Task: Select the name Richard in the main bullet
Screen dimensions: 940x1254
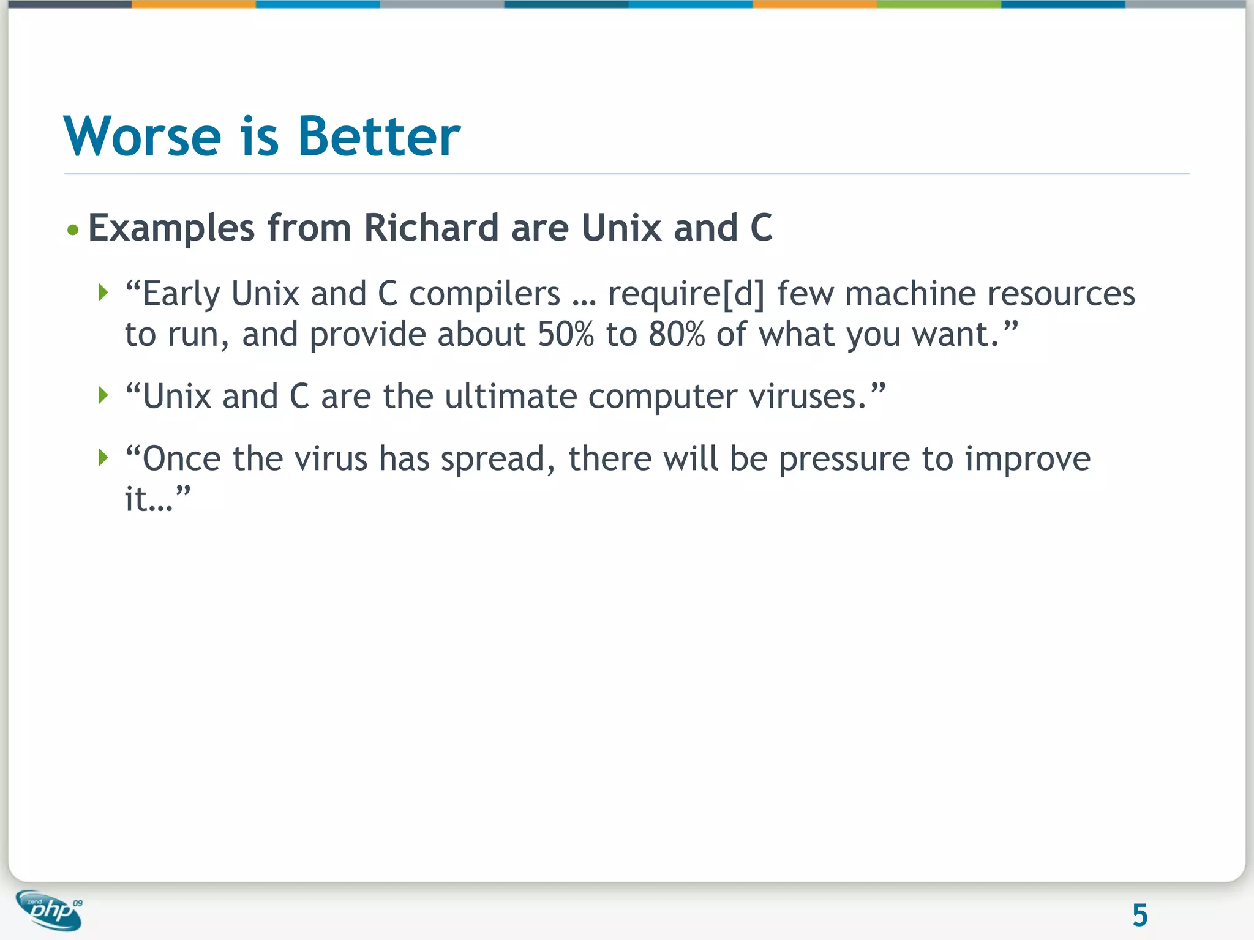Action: pos(432,228)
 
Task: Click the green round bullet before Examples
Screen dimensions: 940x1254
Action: pos(73,230)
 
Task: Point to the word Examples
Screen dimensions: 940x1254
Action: pos(171,229)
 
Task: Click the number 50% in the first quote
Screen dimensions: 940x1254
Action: pos(566,335)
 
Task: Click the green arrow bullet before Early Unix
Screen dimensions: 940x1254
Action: pos(103,293)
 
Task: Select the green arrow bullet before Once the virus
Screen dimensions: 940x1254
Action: pos(103,457)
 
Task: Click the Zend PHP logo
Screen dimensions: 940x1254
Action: pos(49,910)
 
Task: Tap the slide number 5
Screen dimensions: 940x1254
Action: pos(1139,916)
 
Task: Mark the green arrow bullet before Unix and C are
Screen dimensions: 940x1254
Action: pos(103,395)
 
